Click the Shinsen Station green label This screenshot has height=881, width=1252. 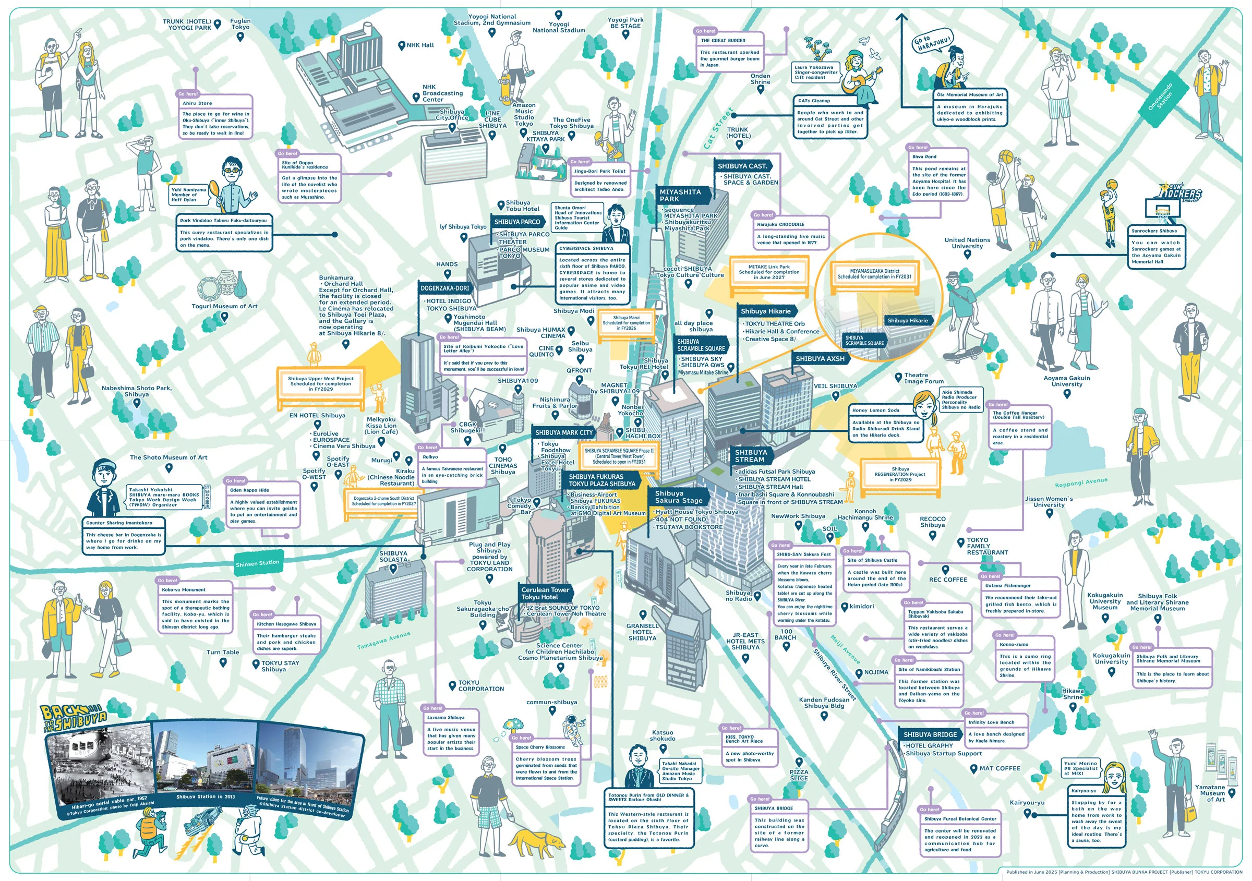[257, 563]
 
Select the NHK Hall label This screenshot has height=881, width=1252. [420, 45]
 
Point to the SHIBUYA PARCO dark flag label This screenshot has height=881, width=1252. [517, 222]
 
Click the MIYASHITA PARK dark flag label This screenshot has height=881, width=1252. [682, 195]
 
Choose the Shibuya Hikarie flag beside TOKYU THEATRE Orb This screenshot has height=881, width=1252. [766, 311]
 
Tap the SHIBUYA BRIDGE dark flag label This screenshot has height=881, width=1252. [930, 734]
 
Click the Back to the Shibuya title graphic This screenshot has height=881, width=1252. [73, 718]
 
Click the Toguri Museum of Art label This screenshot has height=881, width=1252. [224, 306]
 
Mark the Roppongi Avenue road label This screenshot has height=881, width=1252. [1081, 482]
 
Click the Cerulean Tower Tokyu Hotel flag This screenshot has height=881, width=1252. [545, 593]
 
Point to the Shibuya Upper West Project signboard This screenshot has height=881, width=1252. [321, 384]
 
